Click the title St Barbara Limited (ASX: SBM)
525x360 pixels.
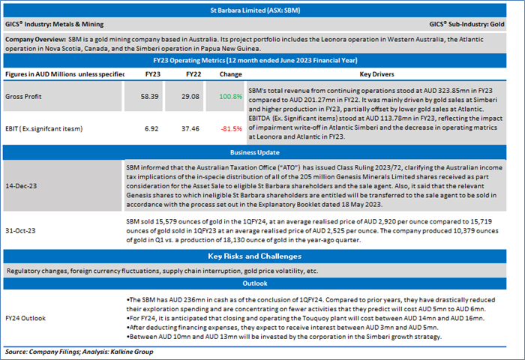click(262, 11)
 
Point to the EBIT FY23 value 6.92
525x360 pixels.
click(150, 130)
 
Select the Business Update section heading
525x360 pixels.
click(262, 151)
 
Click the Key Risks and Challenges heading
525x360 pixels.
click(262, 256)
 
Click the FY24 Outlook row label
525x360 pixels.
click(28, 318)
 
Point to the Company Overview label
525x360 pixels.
click(34, 38)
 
